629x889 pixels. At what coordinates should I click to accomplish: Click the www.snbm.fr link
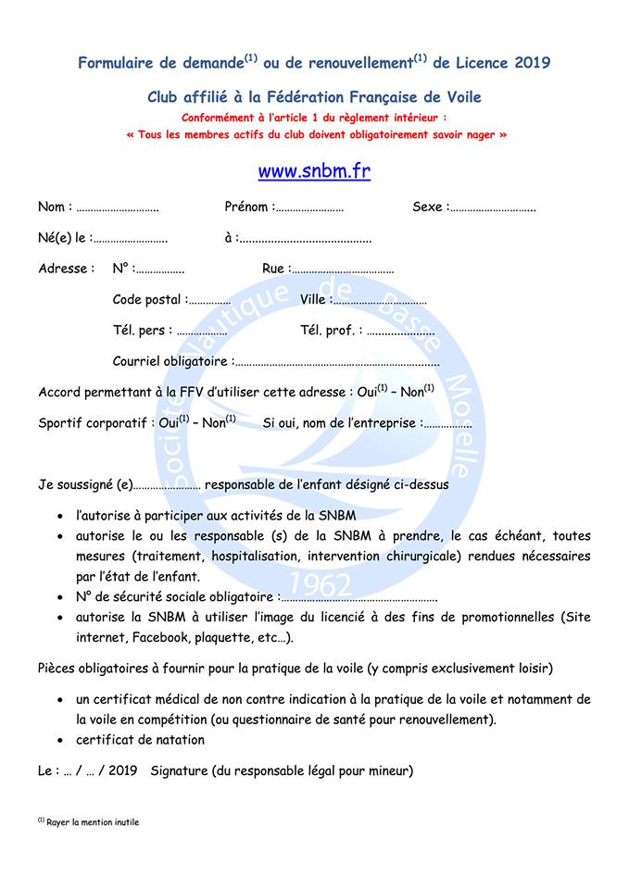(x=314, y=172)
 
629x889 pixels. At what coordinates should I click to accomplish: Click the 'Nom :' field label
(x=55, y=207)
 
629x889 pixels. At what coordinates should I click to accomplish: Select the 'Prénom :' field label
(x=248, y=207)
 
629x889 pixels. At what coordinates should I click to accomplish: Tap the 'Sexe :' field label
(x=431, y=207)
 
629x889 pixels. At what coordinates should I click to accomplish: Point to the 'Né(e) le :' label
(x=64, y=238)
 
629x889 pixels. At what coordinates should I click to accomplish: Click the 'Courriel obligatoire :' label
(x=172, y=361)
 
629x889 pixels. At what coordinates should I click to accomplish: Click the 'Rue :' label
(x=275, y=269)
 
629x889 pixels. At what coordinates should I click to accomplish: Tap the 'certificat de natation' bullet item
(x=140, y=740)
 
